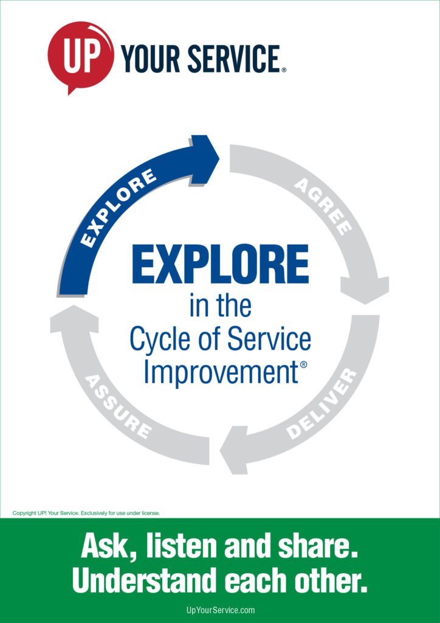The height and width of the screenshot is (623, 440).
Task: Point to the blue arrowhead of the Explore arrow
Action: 205,159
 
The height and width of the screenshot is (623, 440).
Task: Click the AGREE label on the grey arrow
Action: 323,206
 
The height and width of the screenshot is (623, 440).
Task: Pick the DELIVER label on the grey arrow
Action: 322,404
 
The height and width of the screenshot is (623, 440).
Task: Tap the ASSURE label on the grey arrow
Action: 119,406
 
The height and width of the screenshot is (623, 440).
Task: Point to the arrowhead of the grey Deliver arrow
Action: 234,450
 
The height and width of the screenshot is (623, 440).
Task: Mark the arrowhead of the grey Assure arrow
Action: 74,318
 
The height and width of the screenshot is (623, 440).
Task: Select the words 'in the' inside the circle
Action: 220,305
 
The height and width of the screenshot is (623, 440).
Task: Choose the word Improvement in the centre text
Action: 221,372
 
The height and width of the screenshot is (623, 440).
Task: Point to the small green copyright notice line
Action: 86,513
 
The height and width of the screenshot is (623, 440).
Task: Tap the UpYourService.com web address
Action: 220,610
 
